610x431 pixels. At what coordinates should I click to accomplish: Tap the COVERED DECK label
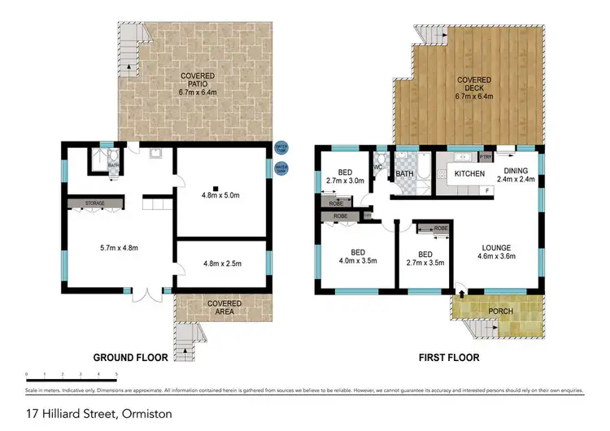pos(474,86)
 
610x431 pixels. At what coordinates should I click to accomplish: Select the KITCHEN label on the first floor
pos(469,174)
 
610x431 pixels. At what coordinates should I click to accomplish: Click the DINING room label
pos(516,175)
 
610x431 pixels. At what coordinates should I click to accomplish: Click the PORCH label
pos(500,311)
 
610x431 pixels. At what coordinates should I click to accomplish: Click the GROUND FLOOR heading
pos(129,357)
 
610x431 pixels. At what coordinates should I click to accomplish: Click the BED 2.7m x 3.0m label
pos(341,176)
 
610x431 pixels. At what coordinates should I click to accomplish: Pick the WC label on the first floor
pos(378,168)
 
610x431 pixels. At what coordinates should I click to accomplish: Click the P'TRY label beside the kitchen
pos(486,156)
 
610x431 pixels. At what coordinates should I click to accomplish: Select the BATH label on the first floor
pos(405,173)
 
